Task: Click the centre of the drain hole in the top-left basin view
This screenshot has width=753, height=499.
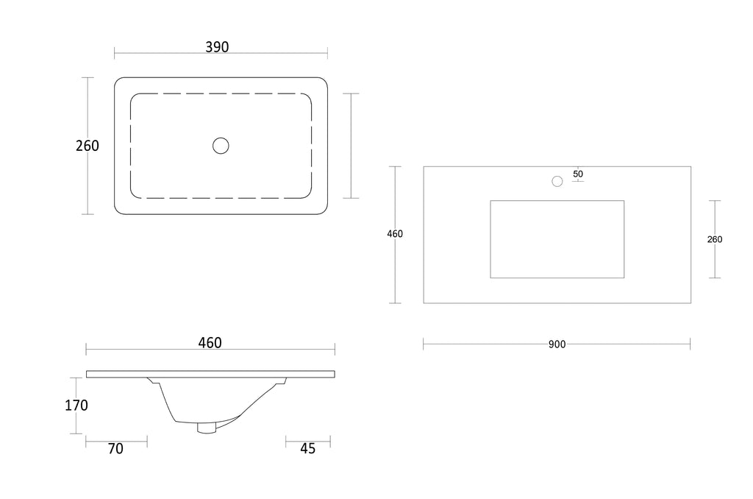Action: [x=221, y=146]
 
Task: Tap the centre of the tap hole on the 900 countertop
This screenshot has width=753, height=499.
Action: [x=557, y=181]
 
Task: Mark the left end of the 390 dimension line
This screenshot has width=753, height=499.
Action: [x=114, y=53]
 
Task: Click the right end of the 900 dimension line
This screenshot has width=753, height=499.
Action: [x=690, y=344]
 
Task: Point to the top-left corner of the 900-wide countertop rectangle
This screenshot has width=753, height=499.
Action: [x=424, y=167]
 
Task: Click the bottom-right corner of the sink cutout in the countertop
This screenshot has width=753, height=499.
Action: [x=624, y=278]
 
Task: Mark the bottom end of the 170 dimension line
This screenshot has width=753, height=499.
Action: [x=76, y=433]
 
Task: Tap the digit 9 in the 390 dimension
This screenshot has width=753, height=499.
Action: [x=217, y=47]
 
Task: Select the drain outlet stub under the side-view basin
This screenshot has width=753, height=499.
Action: [x=207, y=428]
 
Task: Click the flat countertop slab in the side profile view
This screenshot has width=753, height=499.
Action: [x=210, y=374]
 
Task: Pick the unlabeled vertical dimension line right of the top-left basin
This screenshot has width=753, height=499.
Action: [x=351, y=146]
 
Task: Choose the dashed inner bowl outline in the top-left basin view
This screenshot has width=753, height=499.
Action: [x=221, y=146]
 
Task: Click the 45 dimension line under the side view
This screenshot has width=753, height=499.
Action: [x=308, y=442]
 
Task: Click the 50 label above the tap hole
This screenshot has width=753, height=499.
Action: [x=578, y=174]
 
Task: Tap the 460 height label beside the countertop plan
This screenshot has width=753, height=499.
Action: [x=395, y=234]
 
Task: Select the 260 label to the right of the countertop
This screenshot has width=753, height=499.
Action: [x=715, y=239]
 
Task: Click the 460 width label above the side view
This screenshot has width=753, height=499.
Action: [x=210, y=343]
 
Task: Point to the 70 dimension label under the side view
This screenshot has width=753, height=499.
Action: [x=115, y=448]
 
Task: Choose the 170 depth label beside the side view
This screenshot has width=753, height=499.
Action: [x=76, y=406]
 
